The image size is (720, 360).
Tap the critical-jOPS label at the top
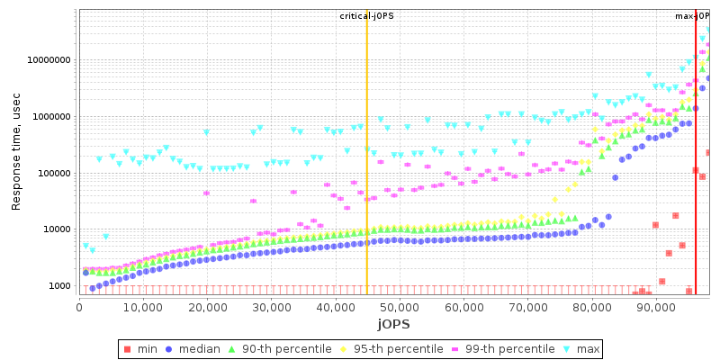366,16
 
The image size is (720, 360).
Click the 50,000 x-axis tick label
399,307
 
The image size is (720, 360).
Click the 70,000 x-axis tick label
526,307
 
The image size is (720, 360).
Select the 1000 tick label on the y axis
60,286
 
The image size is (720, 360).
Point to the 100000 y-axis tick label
53,174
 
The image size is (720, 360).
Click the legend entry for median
202,348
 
